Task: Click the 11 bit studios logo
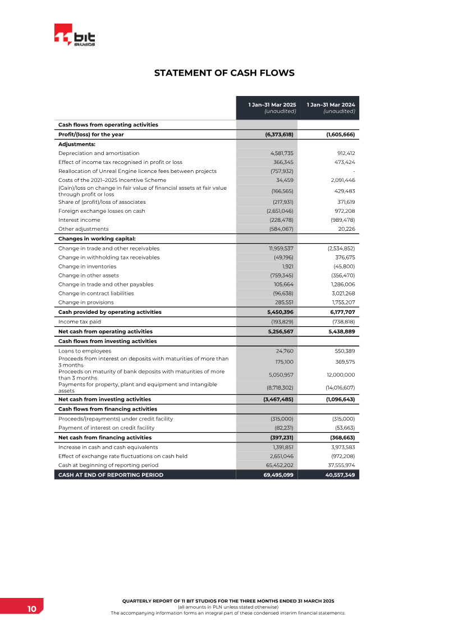point(75,37)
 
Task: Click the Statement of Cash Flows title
point(224,73)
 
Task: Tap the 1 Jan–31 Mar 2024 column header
point(331,107)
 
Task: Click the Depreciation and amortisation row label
point(99,153)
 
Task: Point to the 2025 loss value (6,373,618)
point(279,135)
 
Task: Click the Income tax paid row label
point(79,322)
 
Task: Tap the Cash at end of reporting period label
point(111,475)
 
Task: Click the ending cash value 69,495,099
point(278,475)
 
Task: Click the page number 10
point(31,609)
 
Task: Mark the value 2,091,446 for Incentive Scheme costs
point(340,180)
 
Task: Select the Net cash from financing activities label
point(105,437)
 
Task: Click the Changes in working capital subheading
point(97,239)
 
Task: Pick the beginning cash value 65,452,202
point(279,465)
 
